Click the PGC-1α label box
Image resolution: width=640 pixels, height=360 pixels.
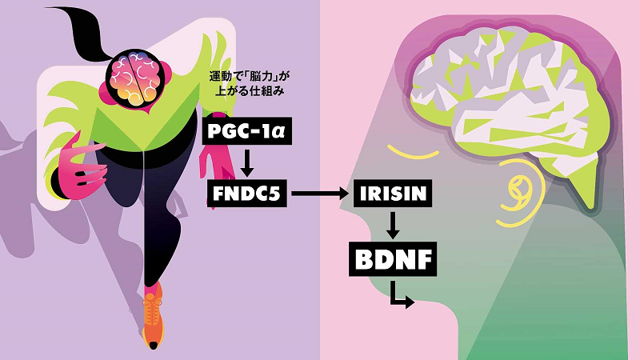tap(247, 131)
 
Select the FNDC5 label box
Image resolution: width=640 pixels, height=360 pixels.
tap(247, 193)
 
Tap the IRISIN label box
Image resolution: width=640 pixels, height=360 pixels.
tap(393, 193)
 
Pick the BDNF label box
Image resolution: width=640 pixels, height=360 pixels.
tap(393, 259)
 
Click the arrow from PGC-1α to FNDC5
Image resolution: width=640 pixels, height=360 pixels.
tap(246, 162)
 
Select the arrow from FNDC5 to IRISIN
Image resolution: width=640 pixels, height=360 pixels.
tap(321, 193)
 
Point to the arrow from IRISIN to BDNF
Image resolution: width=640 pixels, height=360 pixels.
tap(393, 225)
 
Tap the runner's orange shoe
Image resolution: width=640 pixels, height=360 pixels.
tap(153, 318)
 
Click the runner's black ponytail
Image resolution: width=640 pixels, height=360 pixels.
tap(79, 30)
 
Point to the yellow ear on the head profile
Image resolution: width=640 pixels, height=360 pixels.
tap(522, 193)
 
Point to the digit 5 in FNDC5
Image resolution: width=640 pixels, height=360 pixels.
tap(274, 194)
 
